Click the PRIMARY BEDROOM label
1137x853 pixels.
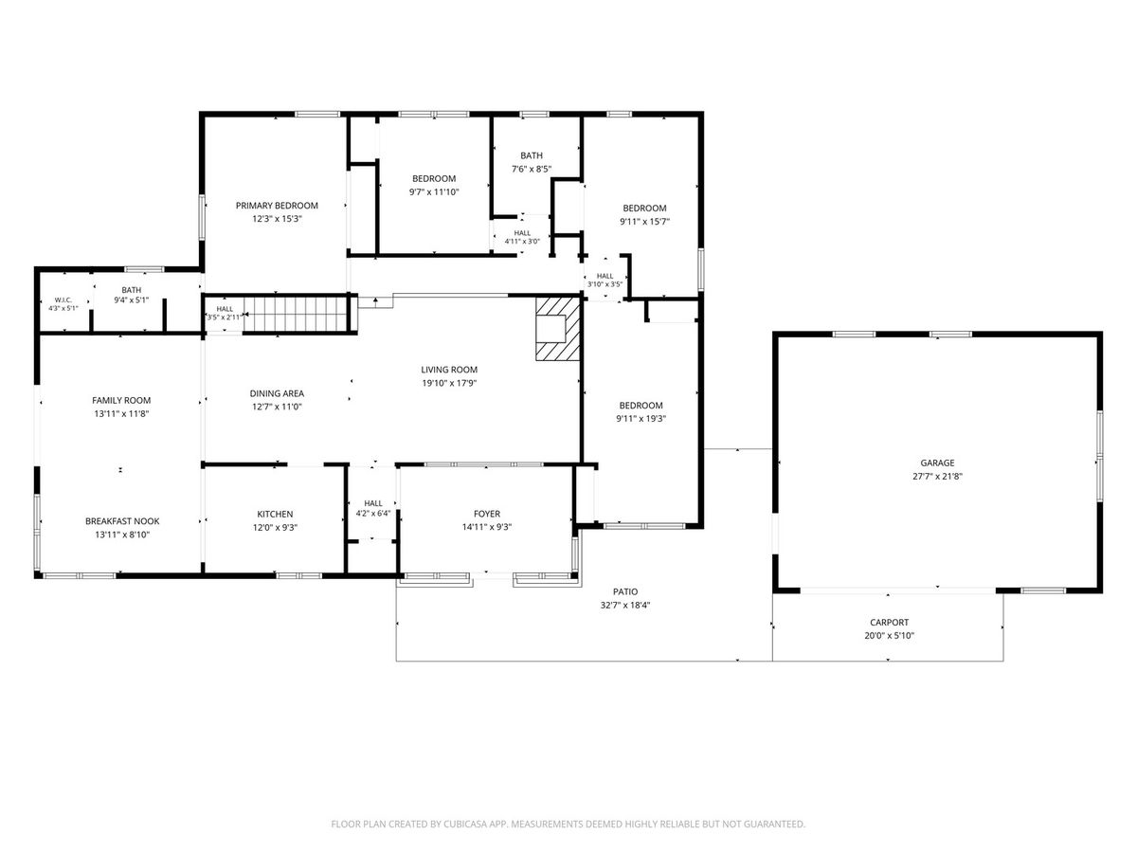click(277, 206)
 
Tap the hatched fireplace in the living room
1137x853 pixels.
click(558, 328)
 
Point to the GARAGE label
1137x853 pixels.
click(937, 463)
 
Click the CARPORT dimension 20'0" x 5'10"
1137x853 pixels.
click(889, 635)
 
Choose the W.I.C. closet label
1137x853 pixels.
click(63, 299)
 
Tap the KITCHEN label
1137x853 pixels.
click(275, 514)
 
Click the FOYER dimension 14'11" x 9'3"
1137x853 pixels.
click(487, 527)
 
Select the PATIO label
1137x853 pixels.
click(625, 591)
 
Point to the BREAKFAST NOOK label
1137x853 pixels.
click(122, 521)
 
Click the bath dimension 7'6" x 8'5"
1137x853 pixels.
click(532, 169)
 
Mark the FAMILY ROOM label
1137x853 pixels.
click(121, 400)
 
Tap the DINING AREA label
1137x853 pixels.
click(277, 393)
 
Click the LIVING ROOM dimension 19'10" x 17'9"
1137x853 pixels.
click(449, 383)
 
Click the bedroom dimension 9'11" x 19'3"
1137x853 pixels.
click(641, 419)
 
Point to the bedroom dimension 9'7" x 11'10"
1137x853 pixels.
click(434, 191)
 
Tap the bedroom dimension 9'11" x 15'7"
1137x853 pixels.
click(644, 221)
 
